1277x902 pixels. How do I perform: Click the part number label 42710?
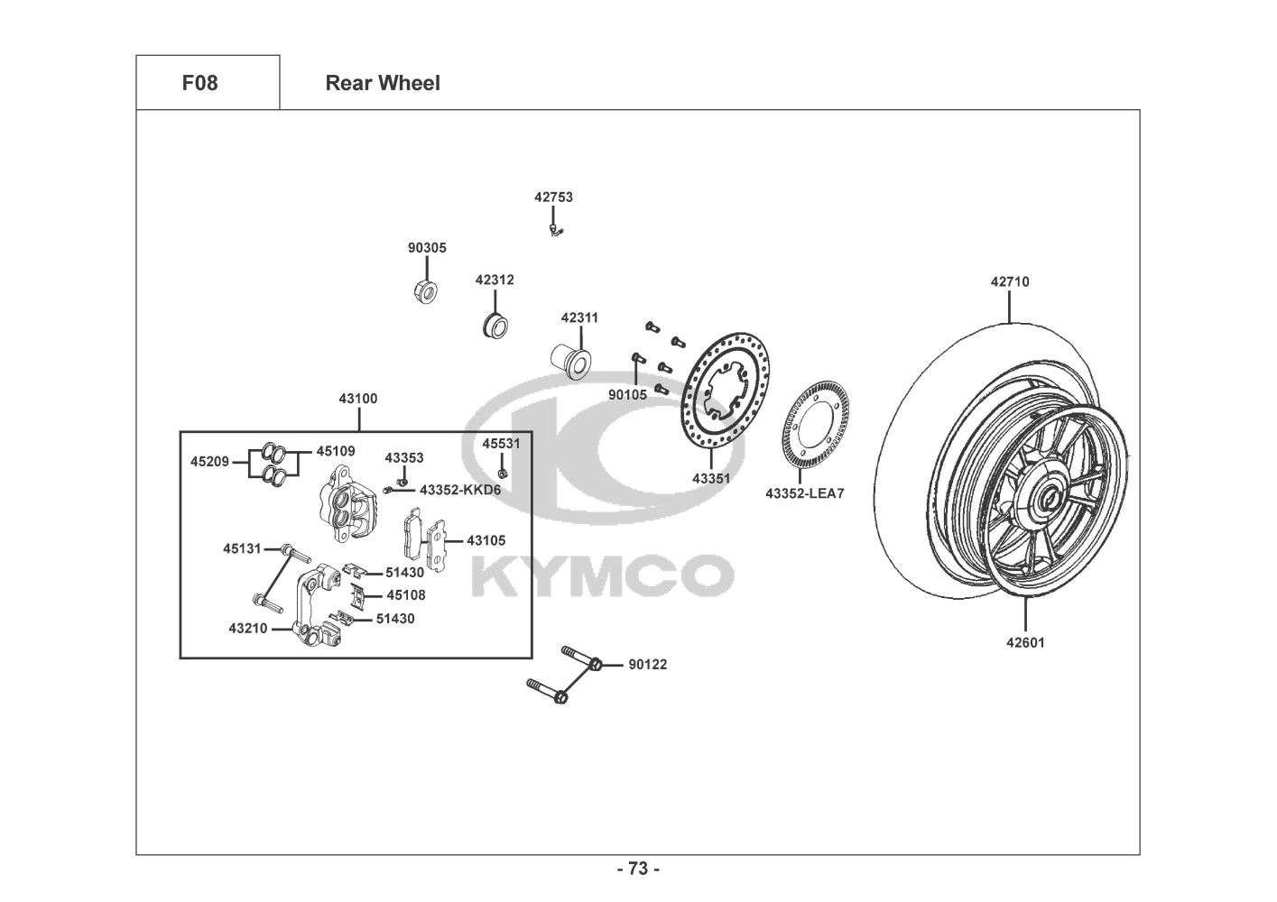tap(1009, 281)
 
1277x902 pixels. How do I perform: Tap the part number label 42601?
tap(1025, 643)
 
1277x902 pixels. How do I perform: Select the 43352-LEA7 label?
tap(805, 493)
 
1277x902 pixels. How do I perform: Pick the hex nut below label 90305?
tap(424, 291)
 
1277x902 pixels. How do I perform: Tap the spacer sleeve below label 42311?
tap(570, 358)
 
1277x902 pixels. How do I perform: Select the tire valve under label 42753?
tap(556, 230)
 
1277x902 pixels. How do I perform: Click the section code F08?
tap(199, 83)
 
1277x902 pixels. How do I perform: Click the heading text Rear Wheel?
tap(383, 83)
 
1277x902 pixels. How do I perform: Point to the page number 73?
tap(638, 869)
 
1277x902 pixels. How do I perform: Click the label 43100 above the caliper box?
tap(358, 398)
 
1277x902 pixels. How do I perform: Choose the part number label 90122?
tap(648, 665)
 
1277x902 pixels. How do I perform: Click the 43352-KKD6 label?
tap(459, 490)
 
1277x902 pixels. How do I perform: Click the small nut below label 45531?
tap(503, 472)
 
